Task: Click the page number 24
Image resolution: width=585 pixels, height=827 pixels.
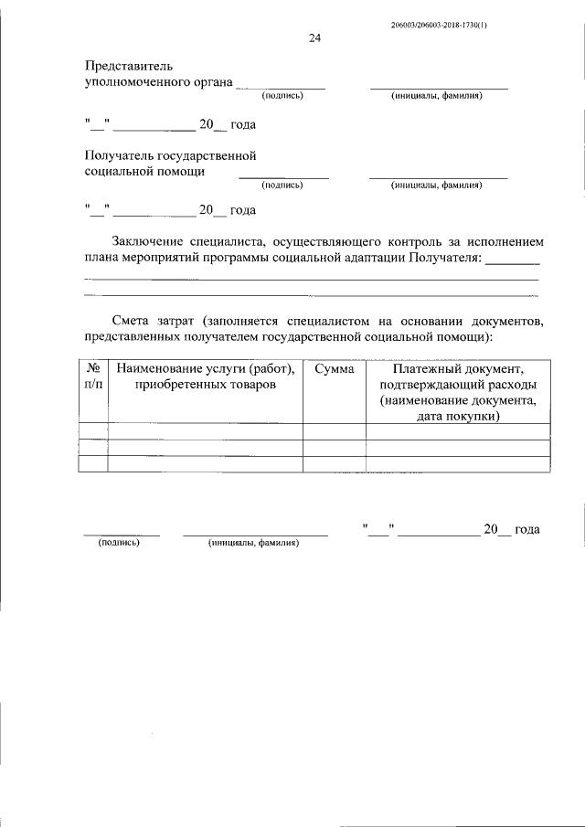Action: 314,38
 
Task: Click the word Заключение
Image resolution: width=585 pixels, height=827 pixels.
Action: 154,242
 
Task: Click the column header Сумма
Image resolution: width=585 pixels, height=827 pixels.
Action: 334,368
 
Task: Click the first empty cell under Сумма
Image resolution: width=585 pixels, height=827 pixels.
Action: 334,431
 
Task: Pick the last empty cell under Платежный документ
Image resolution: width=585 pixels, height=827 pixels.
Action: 458,463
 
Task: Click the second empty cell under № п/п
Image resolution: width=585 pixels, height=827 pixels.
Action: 93,447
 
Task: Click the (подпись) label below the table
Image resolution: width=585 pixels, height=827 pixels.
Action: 119,542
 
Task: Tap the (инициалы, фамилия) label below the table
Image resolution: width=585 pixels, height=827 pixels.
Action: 254,542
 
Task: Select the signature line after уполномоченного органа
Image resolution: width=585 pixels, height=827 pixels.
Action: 282,87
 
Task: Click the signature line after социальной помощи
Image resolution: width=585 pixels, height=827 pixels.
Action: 283,176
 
